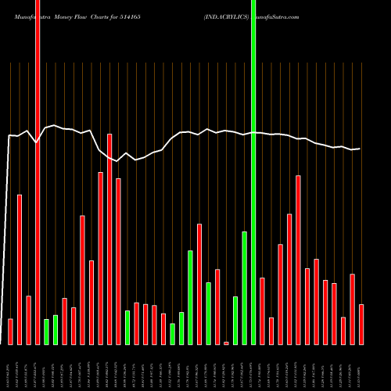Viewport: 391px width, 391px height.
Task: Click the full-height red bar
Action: (38, 172)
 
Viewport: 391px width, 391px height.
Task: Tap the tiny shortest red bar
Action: (226, 343)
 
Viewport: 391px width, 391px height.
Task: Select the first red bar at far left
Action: (10, 332)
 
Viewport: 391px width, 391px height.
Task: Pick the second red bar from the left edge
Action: (20, 270)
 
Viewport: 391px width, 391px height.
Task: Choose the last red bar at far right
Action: (361, 325)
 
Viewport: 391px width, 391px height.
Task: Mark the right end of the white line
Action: (360, 149)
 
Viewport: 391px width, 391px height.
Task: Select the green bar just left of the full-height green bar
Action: (244, 288)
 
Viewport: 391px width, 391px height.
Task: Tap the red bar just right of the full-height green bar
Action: (262, 310)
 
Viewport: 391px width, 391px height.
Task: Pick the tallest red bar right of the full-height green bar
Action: (298, 260)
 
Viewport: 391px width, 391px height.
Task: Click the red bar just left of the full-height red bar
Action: (28, 320)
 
